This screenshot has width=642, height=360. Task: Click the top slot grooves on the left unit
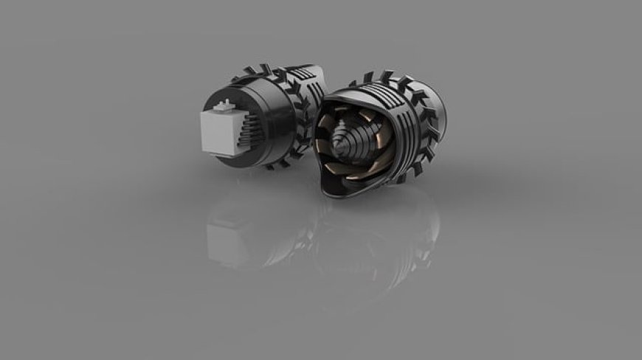[295, 75]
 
